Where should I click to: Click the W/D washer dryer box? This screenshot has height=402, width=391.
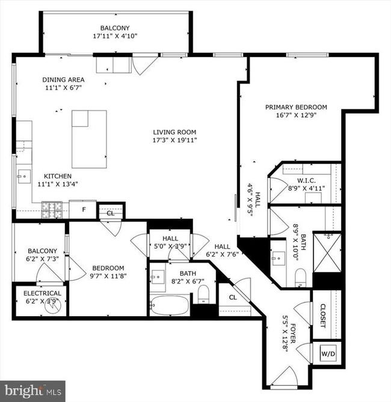(x=328, y=353)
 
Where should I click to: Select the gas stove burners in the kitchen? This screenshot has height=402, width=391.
(x=52, y=210)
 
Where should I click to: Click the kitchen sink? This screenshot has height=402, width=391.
(x=24, y=177)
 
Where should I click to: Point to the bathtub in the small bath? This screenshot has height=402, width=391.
(x=170, y=305)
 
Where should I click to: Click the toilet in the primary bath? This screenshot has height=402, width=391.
(x=300, y=278)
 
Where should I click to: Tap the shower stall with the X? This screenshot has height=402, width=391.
(x=327, y=253)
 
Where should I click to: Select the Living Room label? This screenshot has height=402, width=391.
(x=174, y=132)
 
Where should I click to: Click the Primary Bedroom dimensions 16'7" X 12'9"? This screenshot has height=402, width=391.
(x=296, y=115)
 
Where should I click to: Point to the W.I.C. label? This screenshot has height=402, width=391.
(x=306, y=180)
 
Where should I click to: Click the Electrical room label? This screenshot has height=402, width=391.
(x=42, y=293)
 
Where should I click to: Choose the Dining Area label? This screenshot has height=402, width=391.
(x=63, y=80)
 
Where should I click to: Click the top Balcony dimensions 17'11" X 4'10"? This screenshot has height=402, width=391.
(x=115, y=36)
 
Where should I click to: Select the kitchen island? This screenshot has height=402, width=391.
(x=90, y=139)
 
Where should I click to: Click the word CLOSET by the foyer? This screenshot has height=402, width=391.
(x=323, y=316)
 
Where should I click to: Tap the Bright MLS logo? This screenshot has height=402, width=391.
(x=32, y=391)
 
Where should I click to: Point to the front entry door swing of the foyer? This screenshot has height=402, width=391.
(x=285, y=376)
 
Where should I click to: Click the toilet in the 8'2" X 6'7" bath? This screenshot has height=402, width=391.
(x=204, y=294)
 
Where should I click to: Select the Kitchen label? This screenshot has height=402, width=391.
(x=58, y=176)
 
